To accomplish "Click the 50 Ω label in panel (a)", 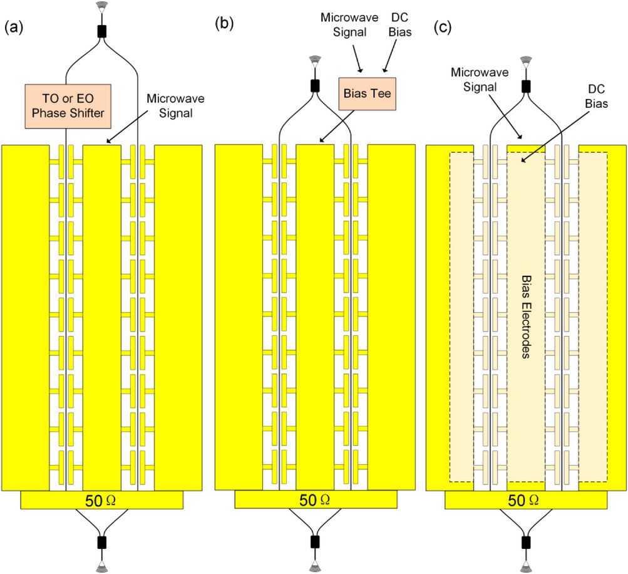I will pyautogui.click(x=102, y=500).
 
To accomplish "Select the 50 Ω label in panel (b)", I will pyautogui.click(x=316, y=500).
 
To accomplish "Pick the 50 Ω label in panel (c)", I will pyautogui.click(x=525, y=500).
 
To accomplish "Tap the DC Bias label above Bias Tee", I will pyautogui.click(x=399, y=23).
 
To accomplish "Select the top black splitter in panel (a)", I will pyautogui.click(x=101, y=30).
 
